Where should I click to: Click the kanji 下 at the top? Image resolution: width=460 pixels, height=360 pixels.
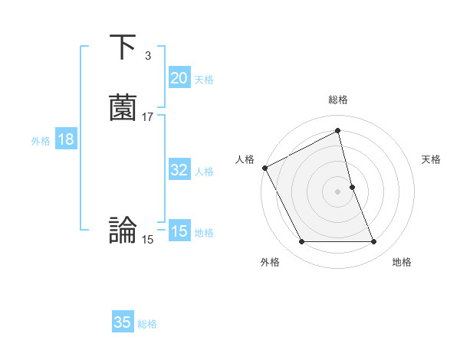(x=123, y=48)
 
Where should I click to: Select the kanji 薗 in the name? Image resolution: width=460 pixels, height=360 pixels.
(x=123, y=108)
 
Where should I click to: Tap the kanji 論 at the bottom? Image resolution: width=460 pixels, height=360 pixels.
(x=123, y=230)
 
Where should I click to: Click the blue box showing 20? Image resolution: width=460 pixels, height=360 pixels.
(x=179, y=78)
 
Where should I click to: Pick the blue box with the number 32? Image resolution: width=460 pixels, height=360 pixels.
(x=179, y=171)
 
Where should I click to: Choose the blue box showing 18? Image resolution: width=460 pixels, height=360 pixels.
(x=65, y=139)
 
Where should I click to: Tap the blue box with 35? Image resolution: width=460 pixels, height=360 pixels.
(x=123, y=322)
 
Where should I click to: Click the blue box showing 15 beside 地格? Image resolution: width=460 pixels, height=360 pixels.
(x=179, y=231)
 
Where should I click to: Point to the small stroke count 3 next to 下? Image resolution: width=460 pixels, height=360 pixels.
(x=147, y=56)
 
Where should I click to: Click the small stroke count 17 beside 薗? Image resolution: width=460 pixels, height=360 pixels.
(x=148, y=117)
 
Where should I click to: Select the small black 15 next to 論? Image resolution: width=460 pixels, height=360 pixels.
(x=148, y=240)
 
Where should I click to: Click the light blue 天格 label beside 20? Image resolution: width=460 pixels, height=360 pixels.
(x=204, y=80)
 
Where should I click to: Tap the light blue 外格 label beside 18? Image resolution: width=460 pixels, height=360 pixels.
(x=41, y=141)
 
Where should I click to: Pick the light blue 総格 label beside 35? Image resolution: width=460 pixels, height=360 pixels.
(x=147, y=324)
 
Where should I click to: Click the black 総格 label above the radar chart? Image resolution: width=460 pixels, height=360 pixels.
(x=338, y=100)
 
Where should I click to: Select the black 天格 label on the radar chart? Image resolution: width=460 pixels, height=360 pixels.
(x=432, y=159)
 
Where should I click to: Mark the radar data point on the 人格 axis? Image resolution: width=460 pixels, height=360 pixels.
(x=264, y=167)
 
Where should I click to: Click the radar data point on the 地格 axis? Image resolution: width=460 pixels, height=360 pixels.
(x=374, y=242)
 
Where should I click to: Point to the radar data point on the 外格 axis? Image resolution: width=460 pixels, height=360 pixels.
(x=301, y=242)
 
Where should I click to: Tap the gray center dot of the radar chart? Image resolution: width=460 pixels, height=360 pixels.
(x=338, y=191)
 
